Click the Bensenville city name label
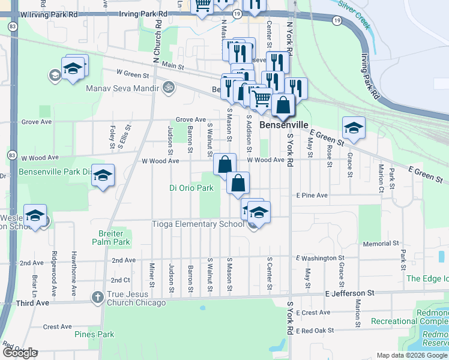click(284, 125)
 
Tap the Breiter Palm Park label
click(115, 238)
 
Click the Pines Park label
click(94, 334)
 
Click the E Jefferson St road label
click(349, 293)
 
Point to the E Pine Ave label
click(312, 196)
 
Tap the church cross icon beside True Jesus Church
click(98, 297)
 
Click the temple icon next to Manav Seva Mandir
click(169, 88)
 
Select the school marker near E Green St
click(354, 128)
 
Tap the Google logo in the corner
click(20, 352)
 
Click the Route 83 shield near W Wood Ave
click(13, 155)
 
